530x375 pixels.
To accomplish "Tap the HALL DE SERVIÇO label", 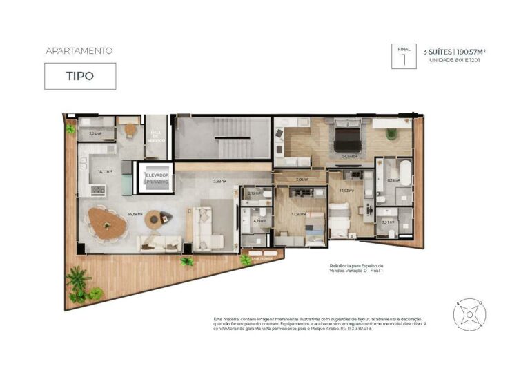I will pyautogui.click(x=156, y=135).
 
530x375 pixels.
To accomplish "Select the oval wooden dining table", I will pyautogui.click(x=107, y=224).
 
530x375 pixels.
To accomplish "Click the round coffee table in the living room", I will pyautogui.click(x=154, y=218).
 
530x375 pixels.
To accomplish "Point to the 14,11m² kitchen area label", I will pyautogui.click(x=105, y=171).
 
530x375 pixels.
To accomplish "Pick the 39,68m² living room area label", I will pyautogui.click(x=135, y=214).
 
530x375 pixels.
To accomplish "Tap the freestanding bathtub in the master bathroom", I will pyautogui.click(x=404, y=173).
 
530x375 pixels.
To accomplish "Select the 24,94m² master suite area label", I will pyautogui.click(x=349, y=157).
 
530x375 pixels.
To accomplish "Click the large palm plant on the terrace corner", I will pyautogui.click(x=78, y=283).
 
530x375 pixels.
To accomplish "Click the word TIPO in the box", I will pyautogui.click(x=80, y=77).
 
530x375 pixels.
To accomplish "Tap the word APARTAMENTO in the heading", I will pyautogui.click(x=79, y=50).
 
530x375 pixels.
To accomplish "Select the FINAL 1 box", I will pyautogui.click(x=404, y=55).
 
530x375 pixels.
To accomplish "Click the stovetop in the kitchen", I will pyautogui.click(x=98, y=190).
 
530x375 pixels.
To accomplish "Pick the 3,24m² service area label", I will pyautogui.click(x=95, y=134).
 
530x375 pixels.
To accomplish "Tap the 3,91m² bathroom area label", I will pyautogui.click(x=387, y=222).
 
